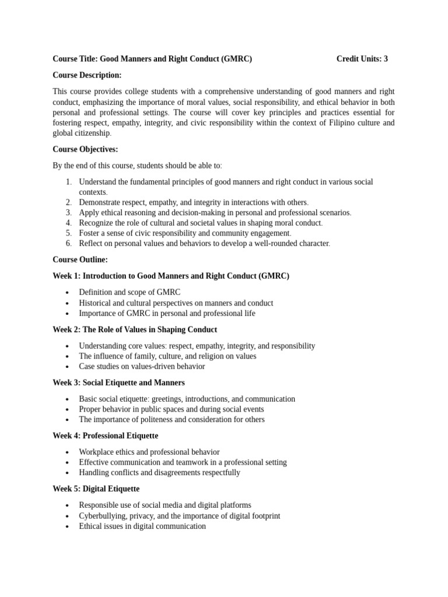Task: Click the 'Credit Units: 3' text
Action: (x=362, y=59)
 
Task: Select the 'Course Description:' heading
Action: (x=87, y=75)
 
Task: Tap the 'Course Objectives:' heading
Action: (x=85, y=149)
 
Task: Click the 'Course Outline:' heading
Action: (x=80, y=259)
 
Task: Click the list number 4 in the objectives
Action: (x=68, y=223)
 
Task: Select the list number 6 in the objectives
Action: (x=68, y=243)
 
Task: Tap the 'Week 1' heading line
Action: (x=170, y=276)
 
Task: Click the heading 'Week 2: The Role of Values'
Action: (x=134, y=329)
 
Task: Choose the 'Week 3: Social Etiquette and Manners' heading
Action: (x=118, y=382)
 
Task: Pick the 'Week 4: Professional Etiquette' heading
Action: (x=105, y=436)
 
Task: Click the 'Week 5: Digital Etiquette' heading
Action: (x=96, y=489)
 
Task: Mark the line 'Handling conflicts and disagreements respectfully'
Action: (x=159, y=473)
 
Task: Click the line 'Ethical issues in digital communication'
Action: (x=142, y=526)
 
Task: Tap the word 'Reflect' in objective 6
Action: (x=91, y=243)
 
